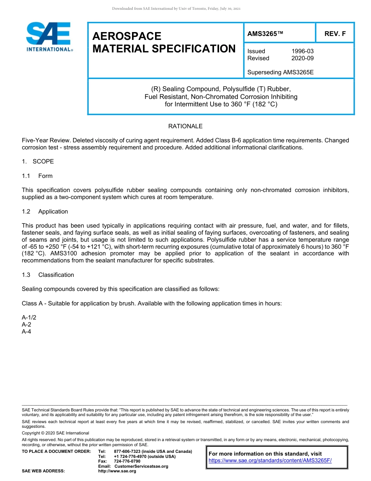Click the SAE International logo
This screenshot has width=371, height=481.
tap(49, 37)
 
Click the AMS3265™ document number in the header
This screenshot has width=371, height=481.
tap(265, 34)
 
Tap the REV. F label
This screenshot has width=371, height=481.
tap(335, 34)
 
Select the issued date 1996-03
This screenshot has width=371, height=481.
tap(302, 51)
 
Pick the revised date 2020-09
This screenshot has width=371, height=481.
tap(302, 58)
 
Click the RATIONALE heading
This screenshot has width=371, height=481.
tap(185, 126)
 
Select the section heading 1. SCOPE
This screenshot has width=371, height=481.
tap(38, 162)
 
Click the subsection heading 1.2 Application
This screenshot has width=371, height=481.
tap(45, 212)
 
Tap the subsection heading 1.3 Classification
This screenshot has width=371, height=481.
tap(48, 275)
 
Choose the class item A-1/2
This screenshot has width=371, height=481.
tap(29, 318)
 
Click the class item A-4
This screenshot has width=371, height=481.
tap(27, 332)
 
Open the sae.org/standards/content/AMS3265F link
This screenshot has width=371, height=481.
tap(270, 460)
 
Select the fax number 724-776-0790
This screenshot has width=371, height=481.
tap(127, 461)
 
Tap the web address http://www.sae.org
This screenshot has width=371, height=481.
tap(117, 471)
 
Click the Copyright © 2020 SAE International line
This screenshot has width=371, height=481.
tap(55, 433)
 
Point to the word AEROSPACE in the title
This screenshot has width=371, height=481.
tap(127, 36)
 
